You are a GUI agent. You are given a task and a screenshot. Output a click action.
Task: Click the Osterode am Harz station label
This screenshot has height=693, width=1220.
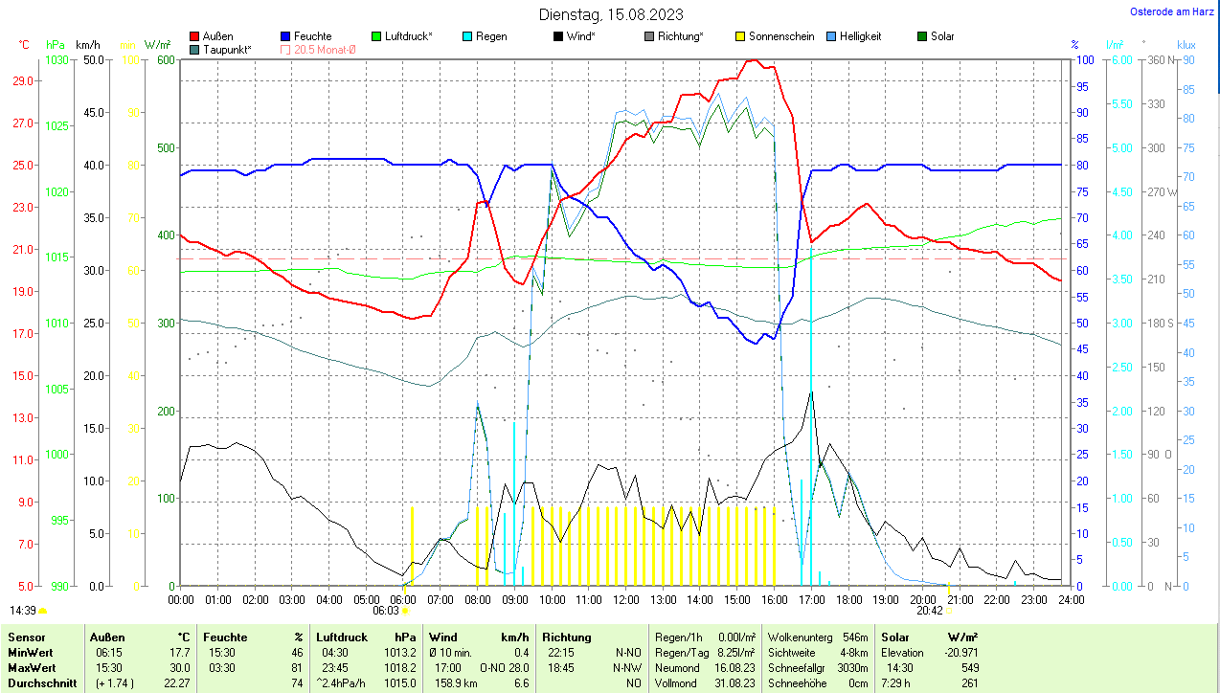(1173, 11)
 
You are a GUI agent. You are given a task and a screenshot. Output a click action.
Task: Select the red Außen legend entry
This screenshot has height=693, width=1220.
(218, 36)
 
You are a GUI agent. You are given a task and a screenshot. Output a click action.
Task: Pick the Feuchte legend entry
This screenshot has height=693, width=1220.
(312, 36)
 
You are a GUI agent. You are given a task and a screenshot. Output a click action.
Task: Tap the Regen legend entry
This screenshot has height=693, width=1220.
(491, 36)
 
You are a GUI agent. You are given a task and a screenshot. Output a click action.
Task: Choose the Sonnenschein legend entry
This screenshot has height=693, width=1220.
(781, 36)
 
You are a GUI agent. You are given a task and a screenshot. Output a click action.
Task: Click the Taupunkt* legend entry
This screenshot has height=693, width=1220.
(227, 49)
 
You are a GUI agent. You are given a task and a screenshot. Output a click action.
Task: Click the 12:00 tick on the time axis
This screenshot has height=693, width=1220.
(626, 599)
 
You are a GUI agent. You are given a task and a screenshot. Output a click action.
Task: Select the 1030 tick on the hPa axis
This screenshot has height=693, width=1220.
(57, 59)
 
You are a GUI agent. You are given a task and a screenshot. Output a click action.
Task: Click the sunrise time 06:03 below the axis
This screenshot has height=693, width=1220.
(385, 610)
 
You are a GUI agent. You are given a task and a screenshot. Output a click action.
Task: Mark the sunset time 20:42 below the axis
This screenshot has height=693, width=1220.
(929, 610)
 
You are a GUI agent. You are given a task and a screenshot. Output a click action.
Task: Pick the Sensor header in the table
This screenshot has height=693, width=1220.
(25, 637)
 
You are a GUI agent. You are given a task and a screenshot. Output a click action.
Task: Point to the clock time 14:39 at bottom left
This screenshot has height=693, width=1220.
(23, 610)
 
